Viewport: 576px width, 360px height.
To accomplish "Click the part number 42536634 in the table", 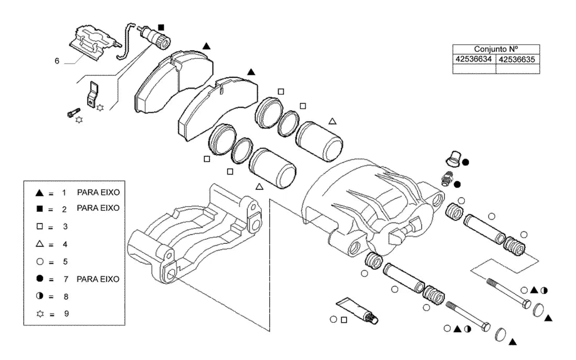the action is (473, 59).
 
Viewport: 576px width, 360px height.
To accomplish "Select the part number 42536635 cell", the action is (517, 60).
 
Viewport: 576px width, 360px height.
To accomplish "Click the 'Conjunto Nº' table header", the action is (496, 49).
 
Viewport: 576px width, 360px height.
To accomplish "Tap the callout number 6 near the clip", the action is (57, 61).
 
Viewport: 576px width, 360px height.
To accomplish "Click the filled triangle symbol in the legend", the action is (40, 193).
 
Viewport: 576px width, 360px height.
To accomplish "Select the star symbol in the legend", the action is (40, 314).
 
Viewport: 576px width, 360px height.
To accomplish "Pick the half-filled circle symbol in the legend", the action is (40, 296).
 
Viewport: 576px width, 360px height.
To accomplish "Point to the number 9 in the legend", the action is (66, 314).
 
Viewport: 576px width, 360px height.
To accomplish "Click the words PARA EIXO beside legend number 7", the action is (98, 279).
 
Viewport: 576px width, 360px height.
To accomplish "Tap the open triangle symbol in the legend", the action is (40, 243).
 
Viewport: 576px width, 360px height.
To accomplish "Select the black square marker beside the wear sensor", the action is (161, 28).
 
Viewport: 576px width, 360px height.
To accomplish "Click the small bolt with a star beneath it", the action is (73, 113).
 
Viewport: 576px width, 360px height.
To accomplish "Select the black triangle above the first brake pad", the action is (206, 46).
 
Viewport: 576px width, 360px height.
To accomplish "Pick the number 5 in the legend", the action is (65, 262).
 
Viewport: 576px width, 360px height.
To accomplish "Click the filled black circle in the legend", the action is (40, 278).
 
